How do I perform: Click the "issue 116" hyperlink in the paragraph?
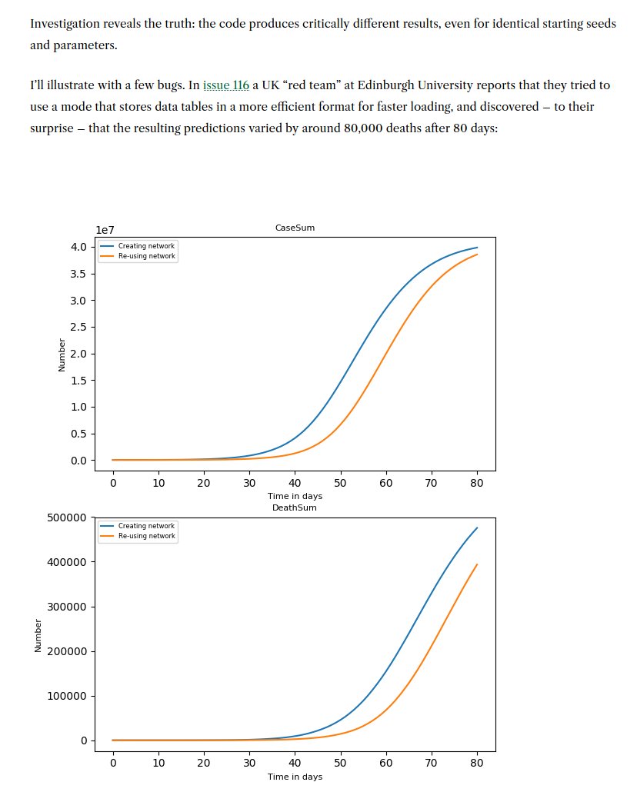226,85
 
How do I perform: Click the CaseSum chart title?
295,228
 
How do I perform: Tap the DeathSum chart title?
295,507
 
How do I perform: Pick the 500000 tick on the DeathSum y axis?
65,517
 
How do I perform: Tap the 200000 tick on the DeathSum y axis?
65,651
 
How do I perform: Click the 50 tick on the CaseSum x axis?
340,483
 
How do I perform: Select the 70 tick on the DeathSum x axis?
432,763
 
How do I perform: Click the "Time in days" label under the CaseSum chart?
295,497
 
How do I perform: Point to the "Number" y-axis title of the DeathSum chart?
38,637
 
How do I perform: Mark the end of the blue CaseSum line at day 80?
477,248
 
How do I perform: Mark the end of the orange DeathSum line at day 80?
477,564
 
